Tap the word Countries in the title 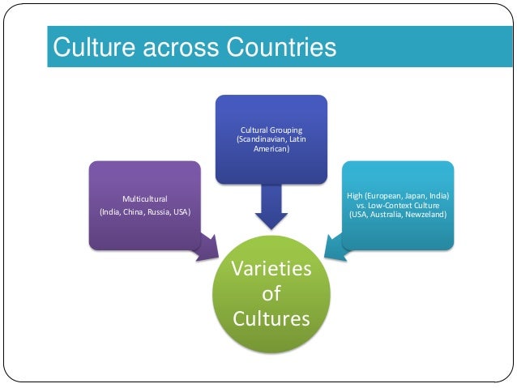coord(276,48)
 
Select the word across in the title coord(174,48)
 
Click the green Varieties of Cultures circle coord(271,294)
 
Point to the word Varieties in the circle coord(271,269)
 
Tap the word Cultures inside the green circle coord(271,318)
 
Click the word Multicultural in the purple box coord(145,198)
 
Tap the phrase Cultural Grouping coord(271,130)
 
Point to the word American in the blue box coord(271,150)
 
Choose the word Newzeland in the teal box coord(429,215)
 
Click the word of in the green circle coord(271,294)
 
